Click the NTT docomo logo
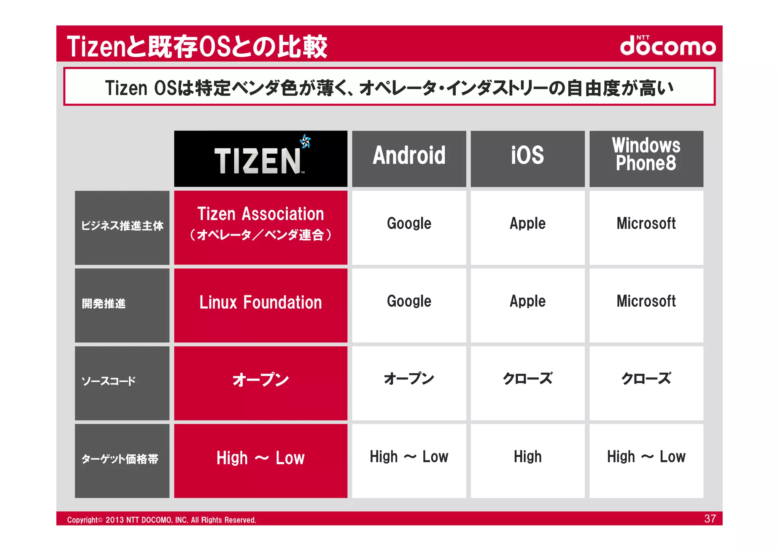[x=668, y=46]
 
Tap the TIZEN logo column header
[x=261, y=159]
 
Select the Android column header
[x=409, y=158]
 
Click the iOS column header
[x=528, y=158]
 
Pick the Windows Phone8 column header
[x=646, y=158]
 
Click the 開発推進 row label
[x=122, y=305]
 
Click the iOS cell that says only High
[x=528, y=457]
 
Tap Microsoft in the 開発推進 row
[x=646, y=301]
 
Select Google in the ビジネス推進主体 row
[x=409, y=224]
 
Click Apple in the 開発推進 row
[x=528, y=301]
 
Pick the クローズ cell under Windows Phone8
[x=646, y=379]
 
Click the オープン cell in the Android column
[x=409, y=379]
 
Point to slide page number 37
[x=710, y=519]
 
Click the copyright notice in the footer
[x=162, y=520]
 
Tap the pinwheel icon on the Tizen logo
[x=305, y=142]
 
